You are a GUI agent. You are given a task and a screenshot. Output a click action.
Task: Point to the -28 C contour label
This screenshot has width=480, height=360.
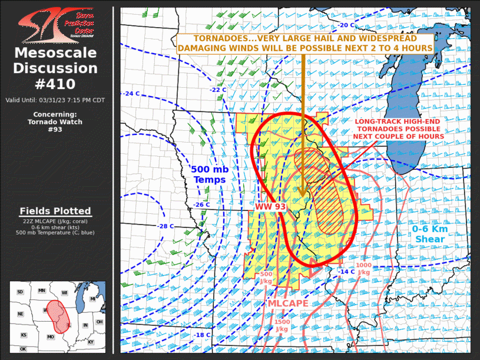click(166, 226)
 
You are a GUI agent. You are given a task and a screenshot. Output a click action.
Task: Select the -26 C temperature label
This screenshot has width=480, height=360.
click(201, 204)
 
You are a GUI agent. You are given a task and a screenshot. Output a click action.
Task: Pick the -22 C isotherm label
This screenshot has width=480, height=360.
click(219, 90)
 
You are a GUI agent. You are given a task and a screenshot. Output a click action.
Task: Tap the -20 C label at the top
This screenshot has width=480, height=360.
click(346, 25)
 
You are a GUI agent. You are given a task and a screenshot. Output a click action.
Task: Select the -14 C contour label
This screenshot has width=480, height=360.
click(347, 271)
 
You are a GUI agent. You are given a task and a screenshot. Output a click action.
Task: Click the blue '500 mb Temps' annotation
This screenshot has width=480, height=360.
click(210, 174)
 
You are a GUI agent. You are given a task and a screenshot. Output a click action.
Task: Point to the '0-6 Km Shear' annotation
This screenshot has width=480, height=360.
click(430, 234)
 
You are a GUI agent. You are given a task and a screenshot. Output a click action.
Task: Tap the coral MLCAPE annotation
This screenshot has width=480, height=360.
click(287, 303)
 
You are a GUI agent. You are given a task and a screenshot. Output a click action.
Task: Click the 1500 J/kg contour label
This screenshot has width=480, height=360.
click(282, 325)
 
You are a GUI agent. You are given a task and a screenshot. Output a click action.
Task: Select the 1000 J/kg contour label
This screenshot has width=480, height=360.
click(364, 268)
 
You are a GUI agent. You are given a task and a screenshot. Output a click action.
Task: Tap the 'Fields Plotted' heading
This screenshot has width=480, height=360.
click(55, 211)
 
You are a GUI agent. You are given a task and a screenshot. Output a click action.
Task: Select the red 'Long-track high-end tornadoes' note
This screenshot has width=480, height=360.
click(399, 128)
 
